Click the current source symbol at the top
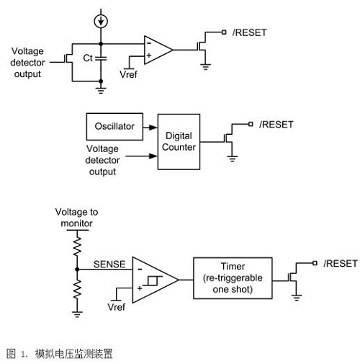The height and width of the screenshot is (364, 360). tap(101, 21)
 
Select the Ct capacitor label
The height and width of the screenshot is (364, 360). tap(88, 58)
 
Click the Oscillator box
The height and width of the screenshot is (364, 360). tap(114, 127)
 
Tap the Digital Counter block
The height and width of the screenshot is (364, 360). tap(179, 142)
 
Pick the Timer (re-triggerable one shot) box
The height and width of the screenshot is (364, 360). tap(233, 278)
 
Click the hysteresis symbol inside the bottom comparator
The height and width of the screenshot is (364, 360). tap(153, 280)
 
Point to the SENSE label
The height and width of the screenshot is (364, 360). tap(109, 265)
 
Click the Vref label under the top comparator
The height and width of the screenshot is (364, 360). tap(129, 74)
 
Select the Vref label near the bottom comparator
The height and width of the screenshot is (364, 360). tap(117, 307)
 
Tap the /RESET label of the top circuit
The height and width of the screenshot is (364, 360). tap(249, 32)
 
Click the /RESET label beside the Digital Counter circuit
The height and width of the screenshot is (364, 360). tap(276, 125)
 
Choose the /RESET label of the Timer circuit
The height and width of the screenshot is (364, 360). tap(341, 264)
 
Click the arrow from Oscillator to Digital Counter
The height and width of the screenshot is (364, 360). tap(150, 127)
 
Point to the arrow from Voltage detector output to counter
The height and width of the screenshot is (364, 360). tap(142, 156)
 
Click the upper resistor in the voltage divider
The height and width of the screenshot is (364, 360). tap(77, 246)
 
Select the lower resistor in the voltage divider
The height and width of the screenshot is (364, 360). tap(77, 288)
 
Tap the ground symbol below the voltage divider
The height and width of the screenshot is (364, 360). tap(77, 314)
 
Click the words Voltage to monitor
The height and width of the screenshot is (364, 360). tap(76, 218)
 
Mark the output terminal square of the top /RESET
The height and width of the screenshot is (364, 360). tap(224, 32)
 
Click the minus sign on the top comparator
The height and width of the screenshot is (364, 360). tap(149, 43)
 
